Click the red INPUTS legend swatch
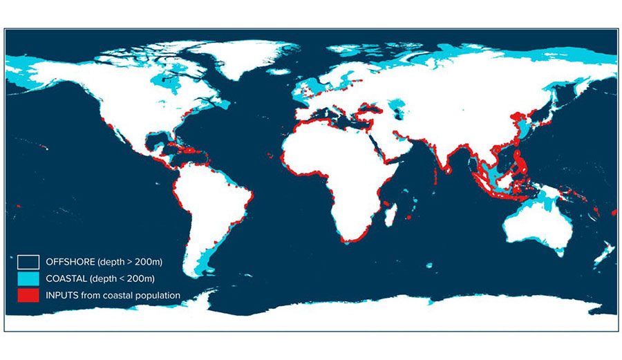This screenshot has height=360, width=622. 28,295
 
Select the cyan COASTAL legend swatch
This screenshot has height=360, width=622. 28,278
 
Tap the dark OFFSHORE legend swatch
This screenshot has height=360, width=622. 28,261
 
